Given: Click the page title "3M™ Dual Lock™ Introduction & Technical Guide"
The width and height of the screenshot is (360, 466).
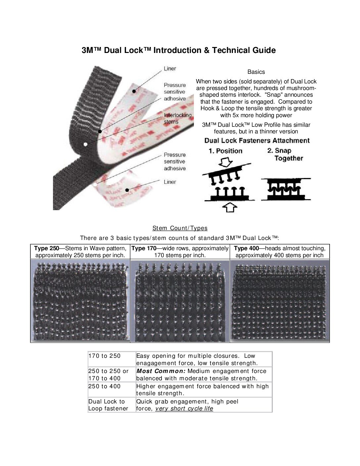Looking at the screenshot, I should click(x=179, y=50).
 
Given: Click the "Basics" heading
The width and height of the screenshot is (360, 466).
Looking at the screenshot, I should click(x=256, y=72).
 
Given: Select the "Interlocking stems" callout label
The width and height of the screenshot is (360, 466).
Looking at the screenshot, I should click(x=177, y=118).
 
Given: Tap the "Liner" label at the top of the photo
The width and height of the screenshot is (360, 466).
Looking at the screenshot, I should click(x=170, y=69).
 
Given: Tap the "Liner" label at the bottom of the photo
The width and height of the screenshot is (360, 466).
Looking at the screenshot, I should click(x=170, y=182).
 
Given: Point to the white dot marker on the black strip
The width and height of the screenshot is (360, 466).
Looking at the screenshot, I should click(x=86, y=144).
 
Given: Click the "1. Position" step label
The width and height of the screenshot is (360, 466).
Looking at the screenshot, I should click(x=225, y=151).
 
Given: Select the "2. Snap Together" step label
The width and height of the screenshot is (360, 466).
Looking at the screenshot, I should click(x=285, y=155).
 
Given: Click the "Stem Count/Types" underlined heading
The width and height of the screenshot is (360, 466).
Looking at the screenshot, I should click(x=180, y=228).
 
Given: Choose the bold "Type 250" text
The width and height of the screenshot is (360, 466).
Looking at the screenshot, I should click(x=47, y=248).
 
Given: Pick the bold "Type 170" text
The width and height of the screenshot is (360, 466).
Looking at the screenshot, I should click(x=144, y=248).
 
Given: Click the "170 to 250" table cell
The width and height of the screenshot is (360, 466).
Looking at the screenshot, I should click(x=105, y=356).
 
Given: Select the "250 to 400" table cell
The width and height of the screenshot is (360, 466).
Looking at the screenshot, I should click(x=105, y=386).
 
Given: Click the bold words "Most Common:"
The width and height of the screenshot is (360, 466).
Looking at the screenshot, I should click(x=161, y=371).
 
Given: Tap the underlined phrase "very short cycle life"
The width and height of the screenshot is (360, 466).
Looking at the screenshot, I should click(x=184, y=408).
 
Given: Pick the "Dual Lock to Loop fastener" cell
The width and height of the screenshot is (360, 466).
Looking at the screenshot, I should click(x=108, y=405).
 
